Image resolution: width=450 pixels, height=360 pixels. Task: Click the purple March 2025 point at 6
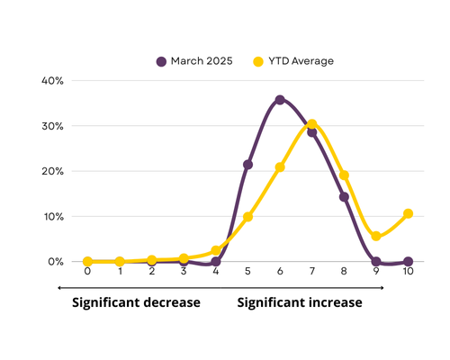tap(280, 100)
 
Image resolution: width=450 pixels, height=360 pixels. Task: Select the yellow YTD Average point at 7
tap(312, 124)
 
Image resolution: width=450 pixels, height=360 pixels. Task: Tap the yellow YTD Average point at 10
tap(408, 213)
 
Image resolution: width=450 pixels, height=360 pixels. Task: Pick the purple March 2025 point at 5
tap(247, 165)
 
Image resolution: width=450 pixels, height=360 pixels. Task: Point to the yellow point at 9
tap(376, 236)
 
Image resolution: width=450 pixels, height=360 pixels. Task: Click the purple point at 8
tap(344, 197)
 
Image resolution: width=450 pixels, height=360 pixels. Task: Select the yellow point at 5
tap(247, 217)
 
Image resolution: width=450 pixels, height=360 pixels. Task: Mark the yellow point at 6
tap(280, 167)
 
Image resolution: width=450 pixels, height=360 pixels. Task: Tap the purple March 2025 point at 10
tap(408, 262)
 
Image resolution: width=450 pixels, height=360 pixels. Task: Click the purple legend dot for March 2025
tap(161, 61)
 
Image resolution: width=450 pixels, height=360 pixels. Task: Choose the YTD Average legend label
tap(301, 61)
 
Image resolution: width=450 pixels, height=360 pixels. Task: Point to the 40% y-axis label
tap(52, 81)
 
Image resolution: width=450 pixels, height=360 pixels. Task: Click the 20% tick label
tap(52, 171)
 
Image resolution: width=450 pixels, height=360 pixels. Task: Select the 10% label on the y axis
tap(54, 217)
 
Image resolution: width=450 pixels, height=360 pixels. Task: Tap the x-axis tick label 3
tap(184, 271)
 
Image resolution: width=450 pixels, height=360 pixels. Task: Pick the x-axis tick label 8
tap(344, 271)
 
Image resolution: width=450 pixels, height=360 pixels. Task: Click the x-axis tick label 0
tap(87, 271)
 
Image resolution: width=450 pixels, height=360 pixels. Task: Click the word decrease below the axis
tap(172, 302)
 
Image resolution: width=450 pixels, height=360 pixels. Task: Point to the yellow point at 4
tap(216, 250)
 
